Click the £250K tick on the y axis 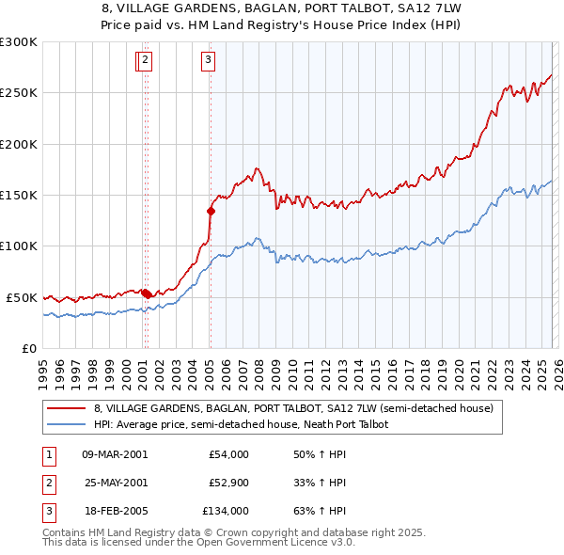[x=19, y=93]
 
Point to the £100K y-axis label [x=19, y=246]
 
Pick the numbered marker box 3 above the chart [x=207, y=60]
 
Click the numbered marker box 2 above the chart [x=147, y=60]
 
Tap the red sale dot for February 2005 [x=211, y=211]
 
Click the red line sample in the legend [x=66, y=408]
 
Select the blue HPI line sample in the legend [x=66, y=425]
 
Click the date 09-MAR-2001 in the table [x=115, y=454]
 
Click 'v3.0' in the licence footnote [x=343, y=543]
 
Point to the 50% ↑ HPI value [x=320, y=454]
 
